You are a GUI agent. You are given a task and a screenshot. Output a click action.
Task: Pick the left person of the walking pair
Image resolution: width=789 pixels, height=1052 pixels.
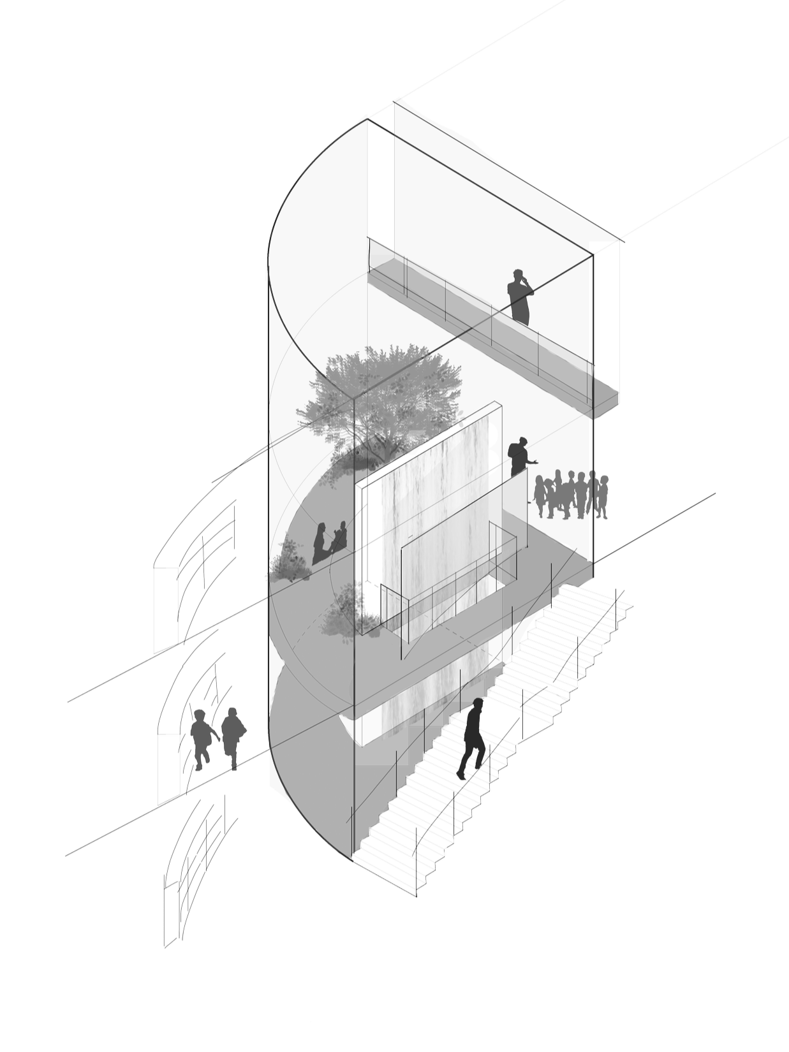pyautogui.click(x=202, y=737)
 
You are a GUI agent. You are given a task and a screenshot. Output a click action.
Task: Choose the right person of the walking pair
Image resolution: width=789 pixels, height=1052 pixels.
pyautogui.click(x=231, y=733)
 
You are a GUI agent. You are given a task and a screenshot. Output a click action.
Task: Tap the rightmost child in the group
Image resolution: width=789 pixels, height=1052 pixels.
pyautogui.click(x=601, y=494)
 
